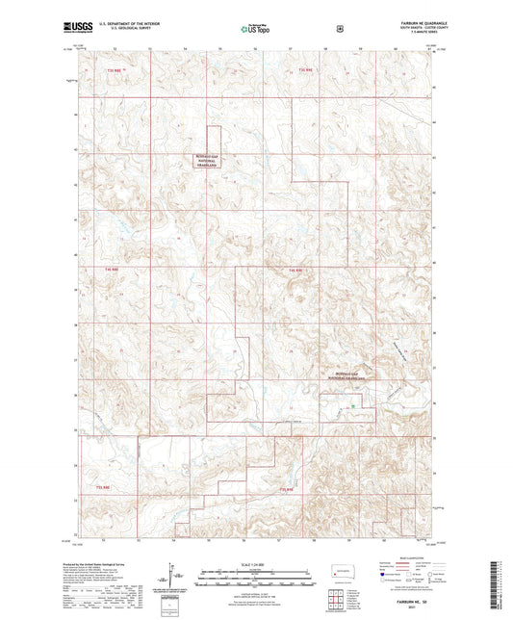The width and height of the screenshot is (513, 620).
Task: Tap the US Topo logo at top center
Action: (x=256, y=30)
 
